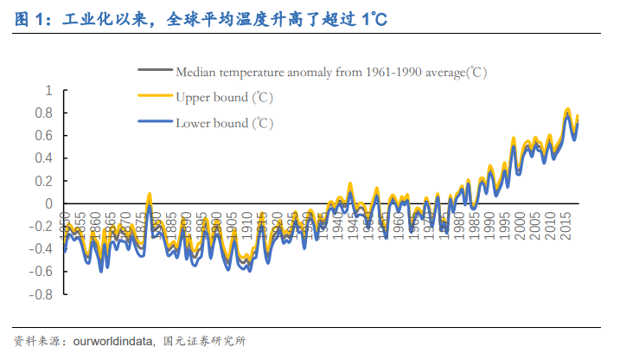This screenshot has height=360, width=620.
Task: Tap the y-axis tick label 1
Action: pos(48,91)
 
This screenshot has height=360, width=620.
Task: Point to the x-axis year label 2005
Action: pos(536,228)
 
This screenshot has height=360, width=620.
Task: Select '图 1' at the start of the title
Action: pos(29,21)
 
